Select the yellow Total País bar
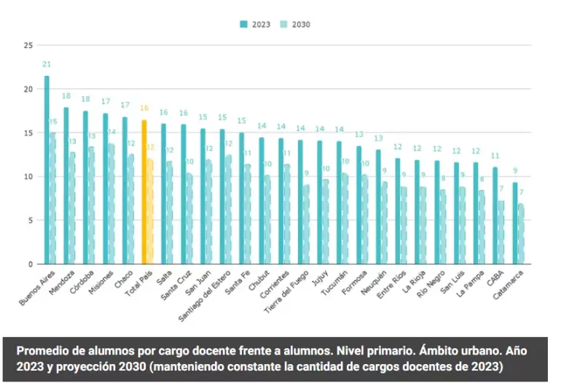[144, 192]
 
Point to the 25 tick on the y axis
[28, 45]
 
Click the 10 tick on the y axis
[28, 177]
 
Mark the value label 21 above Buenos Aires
[47, 65]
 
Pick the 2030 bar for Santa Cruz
[190, 218]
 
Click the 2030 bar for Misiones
[112, 204]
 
